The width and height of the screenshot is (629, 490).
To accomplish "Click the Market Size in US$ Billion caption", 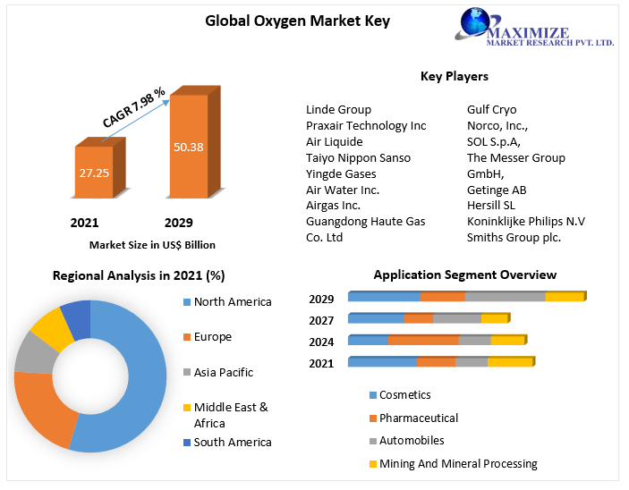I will [x=152, y=244].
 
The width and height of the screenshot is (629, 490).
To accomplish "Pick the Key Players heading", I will [x=454, y=76].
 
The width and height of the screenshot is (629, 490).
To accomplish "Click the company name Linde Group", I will [x=338, y=110].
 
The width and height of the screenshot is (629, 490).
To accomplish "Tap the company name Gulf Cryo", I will [x=491, y=110].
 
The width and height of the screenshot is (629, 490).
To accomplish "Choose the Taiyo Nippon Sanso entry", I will [x=358, y=157].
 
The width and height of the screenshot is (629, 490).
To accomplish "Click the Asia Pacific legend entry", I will [x=223, y=372].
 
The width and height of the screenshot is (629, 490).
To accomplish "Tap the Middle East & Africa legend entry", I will [x=230, y=415].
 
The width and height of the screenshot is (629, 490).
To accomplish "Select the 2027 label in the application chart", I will [x=321, y=320].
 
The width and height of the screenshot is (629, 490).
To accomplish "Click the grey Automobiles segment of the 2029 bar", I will [x=505, y=297].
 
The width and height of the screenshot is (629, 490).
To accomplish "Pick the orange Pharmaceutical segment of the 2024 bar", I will [x=423, y=341].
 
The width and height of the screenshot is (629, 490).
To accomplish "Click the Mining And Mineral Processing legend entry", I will [x=457, y=463].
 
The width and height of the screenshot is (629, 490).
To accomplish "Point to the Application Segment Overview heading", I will [x=464, y=275].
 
